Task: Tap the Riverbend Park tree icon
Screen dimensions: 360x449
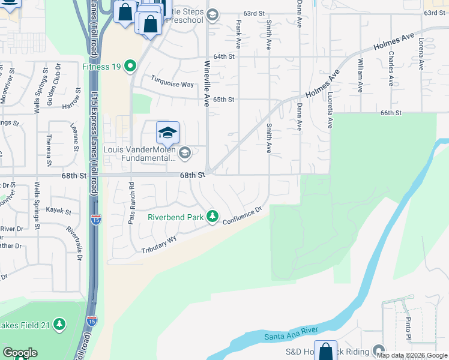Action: [212, 216]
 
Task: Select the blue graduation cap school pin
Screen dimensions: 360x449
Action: [168, 133]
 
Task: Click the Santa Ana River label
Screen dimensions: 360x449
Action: [292, 333]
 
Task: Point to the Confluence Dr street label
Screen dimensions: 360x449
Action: [243, 216]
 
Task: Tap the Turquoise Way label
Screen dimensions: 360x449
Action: [172, 83]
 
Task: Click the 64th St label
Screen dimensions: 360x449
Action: [223, 56]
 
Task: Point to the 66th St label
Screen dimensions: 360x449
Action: [390, 113]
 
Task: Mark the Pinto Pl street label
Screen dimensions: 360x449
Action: [408, 329]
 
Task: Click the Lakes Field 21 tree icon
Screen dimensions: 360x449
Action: [59, 325]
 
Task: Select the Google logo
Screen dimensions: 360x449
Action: [20, 353]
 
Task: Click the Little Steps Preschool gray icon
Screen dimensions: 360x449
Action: [212, 15]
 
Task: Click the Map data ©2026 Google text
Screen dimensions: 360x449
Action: [411, 355]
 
